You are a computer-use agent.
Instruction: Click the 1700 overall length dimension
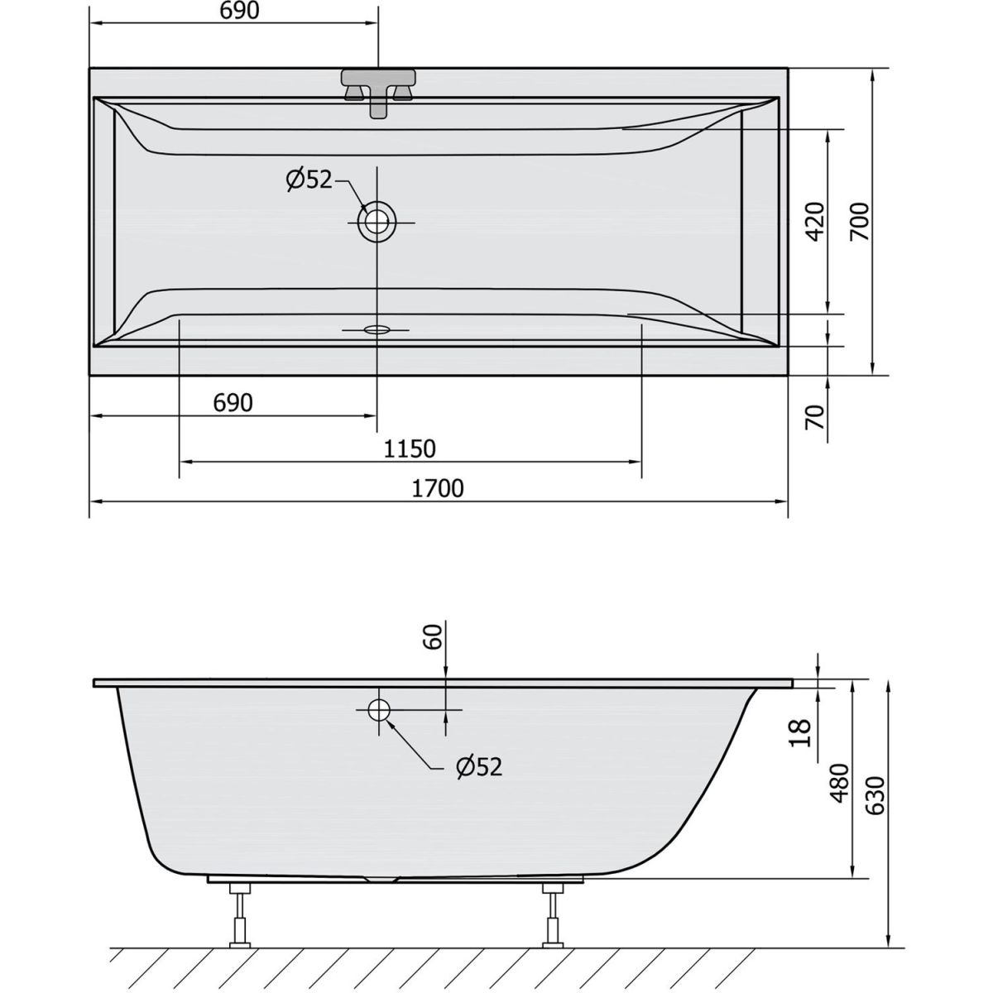click(x=438, y=488)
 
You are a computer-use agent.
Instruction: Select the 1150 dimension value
click(x=410, y=449)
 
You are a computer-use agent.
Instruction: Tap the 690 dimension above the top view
click(x=239, y=11)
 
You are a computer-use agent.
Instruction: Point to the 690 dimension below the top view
click(x=233, y=402)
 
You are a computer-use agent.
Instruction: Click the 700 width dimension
click(x=859, y=221)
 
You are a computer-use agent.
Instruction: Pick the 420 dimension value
click(x=815, y=222)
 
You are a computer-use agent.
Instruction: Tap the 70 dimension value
click(x=815, y=417)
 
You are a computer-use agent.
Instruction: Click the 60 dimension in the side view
click(x=434, y=636)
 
